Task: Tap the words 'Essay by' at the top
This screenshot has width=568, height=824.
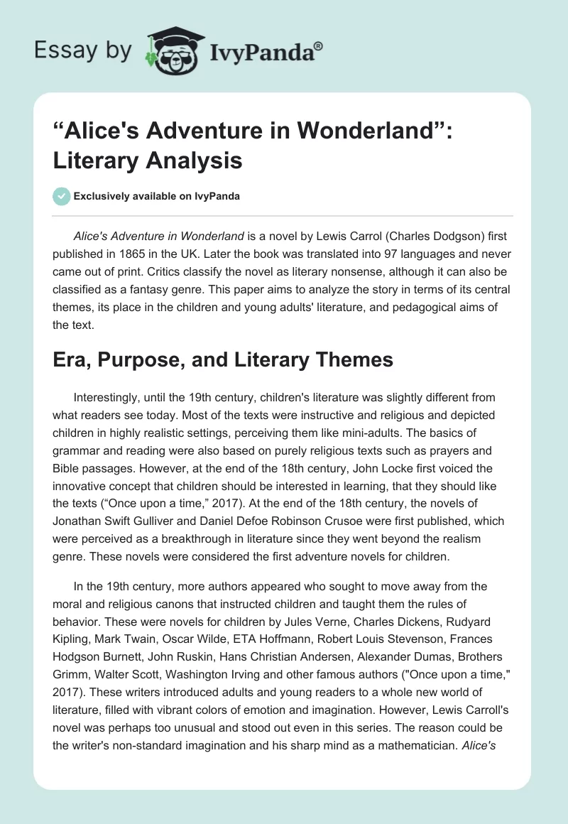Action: click(83, 50)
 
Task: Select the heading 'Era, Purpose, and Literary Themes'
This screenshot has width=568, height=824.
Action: click(223, 359)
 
